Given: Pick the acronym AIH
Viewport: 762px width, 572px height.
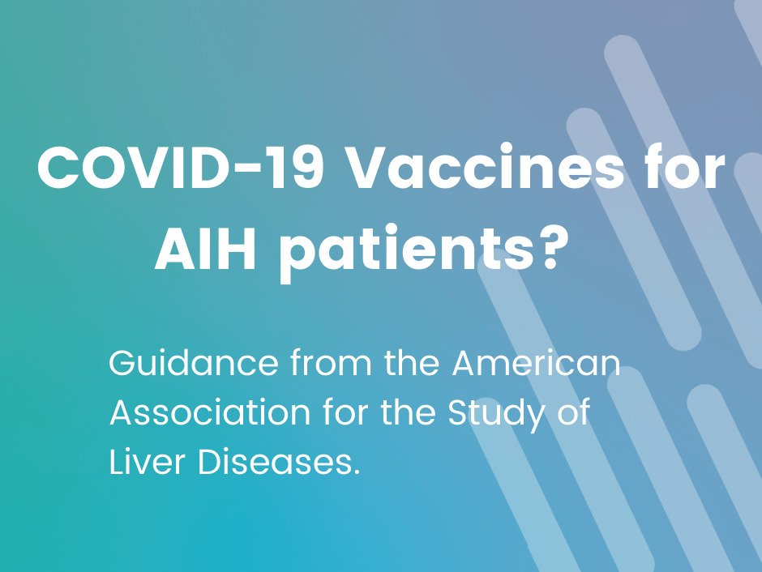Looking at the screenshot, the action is [x=205, y=248].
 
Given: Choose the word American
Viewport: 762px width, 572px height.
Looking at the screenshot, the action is [x=537, y=362].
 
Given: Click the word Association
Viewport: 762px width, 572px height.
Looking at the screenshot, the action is [x=210, y=412].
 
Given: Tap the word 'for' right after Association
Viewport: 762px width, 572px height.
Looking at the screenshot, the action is [x=345, y=412].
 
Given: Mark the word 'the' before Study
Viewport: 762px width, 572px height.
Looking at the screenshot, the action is [x=408, y=412].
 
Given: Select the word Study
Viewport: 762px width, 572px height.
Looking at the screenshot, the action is [x=496, y=415].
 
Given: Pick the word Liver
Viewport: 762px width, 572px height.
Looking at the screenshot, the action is [x=148, y=461].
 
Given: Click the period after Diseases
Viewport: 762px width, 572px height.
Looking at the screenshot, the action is [x=357, y=472].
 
